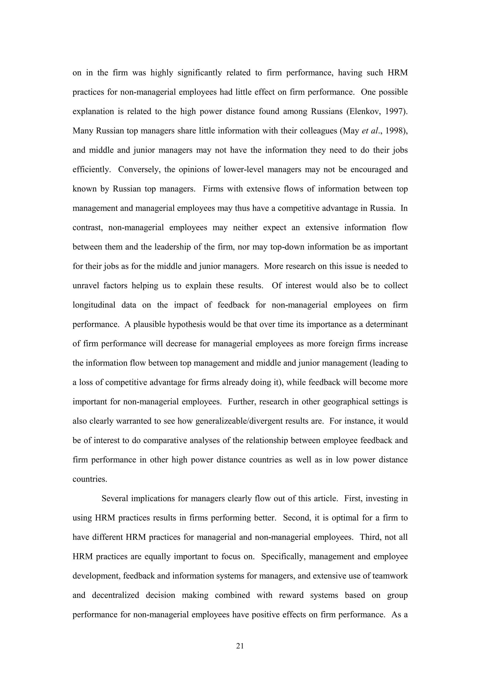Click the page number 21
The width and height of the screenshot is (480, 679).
[240, 646]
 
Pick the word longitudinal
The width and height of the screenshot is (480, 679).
[94, 305]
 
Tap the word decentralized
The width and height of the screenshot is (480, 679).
[115, 595]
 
